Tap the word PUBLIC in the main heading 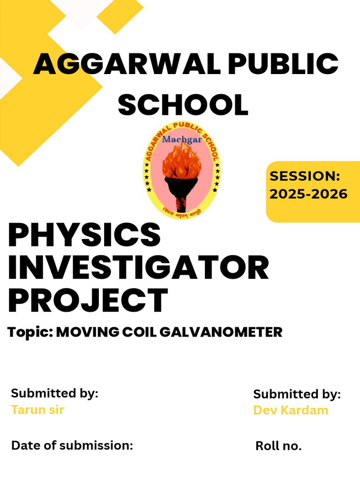(x=283, y=65)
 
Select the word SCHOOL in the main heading (x=183, y=105)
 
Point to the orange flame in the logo (x=181, y=162)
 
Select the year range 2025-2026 (x=308, y=193)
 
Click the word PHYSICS (x=84, y=236)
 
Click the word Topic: (x=30, y=333)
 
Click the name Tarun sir (x=37, y=410)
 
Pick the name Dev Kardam (x=291, y=410)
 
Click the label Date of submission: (x=72, y=445)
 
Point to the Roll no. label (x=278, y=446)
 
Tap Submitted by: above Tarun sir (x=55, y=393)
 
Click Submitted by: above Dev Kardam (x=297, y=394)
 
